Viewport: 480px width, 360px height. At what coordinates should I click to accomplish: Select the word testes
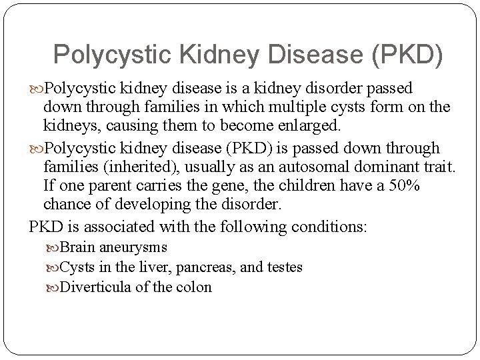[285, 267]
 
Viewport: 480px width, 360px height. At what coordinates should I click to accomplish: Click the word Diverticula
[93, 287]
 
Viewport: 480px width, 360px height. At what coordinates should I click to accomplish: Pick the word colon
[195, 287]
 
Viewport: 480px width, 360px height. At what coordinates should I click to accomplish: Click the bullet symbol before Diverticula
[53, 288]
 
